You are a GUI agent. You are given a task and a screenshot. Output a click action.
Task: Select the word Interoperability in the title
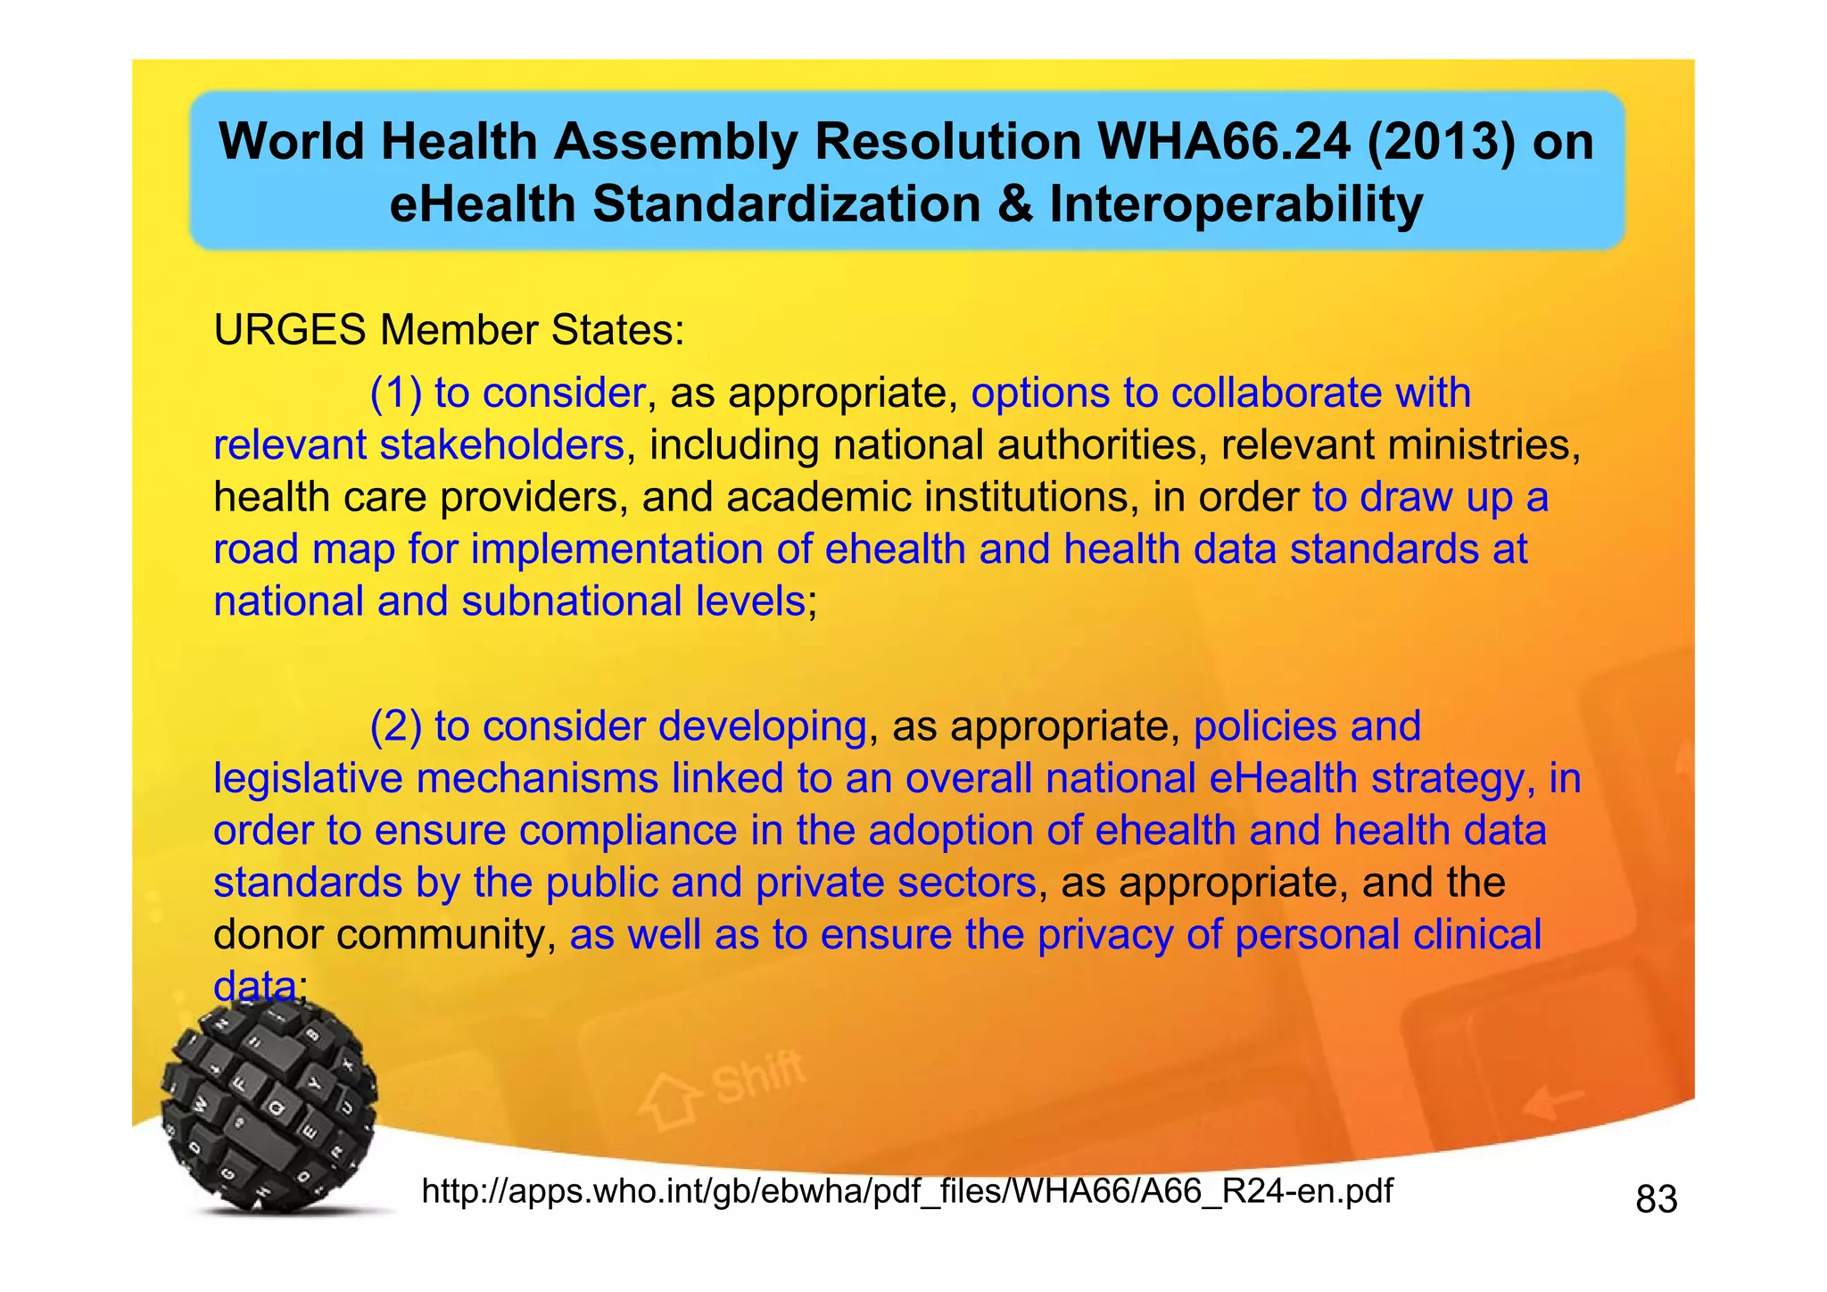[x=1236, y=204]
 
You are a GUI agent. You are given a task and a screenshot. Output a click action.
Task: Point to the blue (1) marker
[x=396, y=393]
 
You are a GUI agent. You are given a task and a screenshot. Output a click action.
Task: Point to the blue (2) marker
[x=396, y=727]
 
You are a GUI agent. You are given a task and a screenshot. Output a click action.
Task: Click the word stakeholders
[x=501, y=445]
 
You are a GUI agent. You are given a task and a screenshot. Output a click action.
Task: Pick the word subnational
[x=571, y=601]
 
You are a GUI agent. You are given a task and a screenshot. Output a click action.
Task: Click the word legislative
[x=308, y=779]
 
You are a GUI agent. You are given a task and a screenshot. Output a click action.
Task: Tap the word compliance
[x=628, y=831]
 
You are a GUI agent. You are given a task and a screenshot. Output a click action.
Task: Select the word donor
[x=269, y=935]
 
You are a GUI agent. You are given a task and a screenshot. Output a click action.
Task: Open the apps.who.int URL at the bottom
[x=906, y=1191]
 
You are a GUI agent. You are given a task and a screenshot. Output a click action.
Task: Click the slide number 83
[x=1657, y=1199]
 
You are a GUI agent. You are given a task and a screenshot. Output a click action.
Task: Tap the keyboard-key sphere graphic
[x=269, y=1106]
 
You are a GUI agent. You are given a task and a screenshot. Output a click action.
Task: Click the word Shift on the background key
[x=758, y=1078]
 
